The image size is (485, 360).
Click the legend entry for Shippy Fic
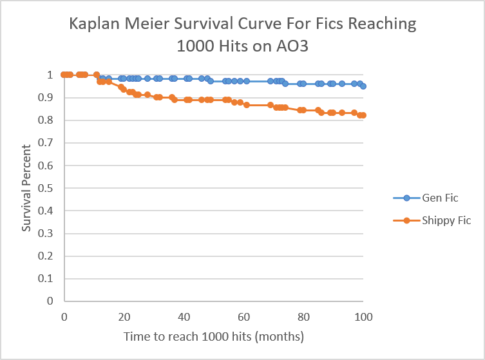coord(446,220)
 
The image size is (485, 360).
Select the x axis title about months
coord(213,336)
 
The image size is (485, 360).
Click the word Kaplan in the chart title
coord(96,25)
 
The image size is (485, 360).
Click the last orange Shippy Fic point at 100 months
coord(363,115)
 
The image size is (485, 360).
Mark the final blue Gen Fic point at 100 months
coord(363,86)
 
